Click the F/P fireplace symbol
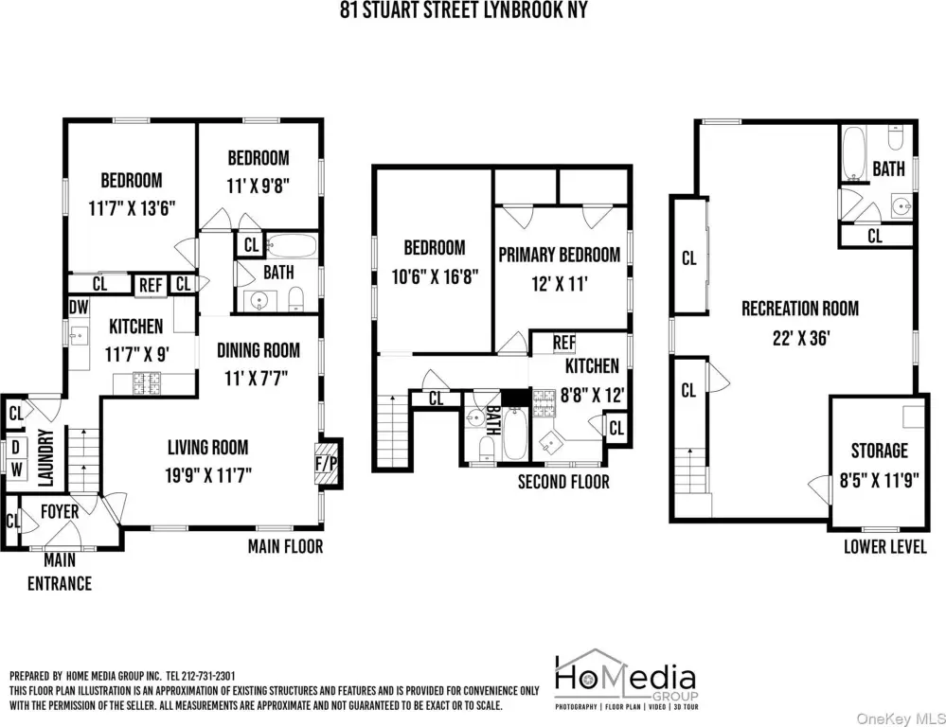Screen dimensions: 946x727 tap(327, 463)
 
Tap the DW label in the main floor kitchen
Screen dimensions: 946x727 tap(79, 307)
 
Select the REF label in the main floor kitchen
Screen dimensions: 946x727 tap(151, 285)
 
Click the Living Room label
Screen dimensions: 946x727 tap(208, 448)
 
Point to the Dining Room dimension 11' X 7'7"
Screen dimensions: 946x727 tap(257, 379)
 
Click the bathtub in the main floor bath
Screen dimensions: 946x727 tap(292, 246)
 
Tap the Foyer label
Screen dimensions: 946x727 tap(60, 511)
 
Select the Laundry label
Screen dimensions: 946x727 tap(46, 457)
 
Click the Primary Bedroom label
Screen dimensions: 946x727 tap(560, 256)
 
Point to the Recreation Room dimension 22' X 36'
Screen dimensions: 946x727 tap(801, 338)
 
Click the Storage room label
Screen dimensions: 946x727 tap(879, 451)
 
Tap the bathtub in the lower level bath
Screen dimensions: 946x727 tap(854, 153)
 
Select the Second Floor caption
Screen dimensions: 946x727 tap(563, 482)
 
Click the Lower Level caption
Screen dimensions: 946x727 tap(885, 546)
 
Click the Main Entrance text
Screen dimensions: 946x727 tap(60, 572)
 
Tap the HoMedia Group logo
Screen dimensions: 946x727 tap(626, 680)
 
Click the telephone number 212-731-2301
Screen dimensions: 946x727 tap(208, 676)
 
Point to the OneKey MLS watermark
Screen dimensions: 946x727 tap(901, 718)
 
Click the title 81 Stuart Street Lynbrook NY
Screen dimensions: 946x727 tap(463, 9)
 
